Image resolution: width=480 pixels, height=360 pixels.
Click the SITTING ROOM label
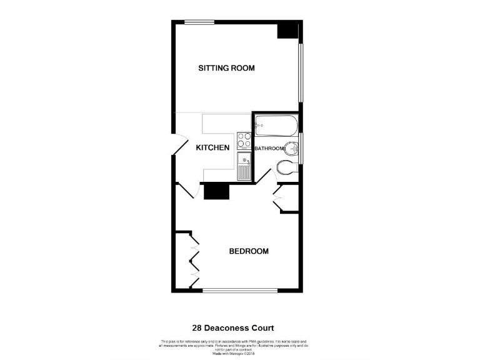(226, 68)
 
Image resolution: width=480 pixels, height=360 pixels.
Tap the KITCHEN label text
(212, 148)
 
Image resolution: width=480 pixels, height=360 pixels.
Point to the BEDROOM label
(249, 251)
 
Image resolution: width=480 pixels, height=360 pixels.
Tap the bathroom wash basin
(292, 149)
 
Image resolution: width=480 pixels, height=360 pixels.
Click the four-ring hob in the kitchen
(244, 141)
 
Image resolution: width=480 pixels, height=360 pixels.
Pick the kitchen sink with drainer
(244, 167)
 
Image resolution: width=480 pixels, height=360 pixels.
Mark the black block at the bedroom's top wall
(217, 191)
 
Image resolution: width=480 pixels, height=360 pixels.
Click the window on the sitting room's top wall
(199, 22)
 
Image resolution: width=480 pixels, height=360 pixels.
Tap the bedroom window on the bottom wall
(240, 291)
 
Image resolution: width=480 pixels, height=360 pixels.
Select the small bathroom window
(301, 149)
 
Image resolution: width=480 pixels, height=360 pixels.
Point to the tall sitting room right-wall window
(301, 72)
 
